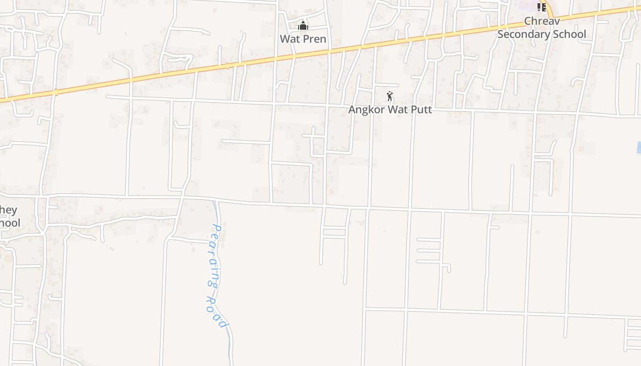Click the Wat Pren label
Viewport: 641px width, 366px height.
(x=303, y=39)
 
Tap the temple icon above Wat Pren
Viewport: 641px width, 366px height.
(x=303, y=26)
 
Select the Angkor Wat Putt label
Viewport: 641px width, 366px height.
(x=390, y=110)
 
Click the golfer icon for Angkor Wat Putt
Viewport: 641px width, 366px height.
(x=390, y=96)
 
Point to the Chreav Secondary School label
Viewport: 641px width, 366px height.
(x=542, y=28)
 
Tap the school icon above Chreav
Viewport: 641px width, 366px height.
(x=542, y=7)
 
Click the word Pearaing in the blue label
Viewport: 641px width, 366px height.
(x=214, y=256)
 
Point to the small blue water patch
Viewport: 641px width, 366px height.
(x=639, y=147)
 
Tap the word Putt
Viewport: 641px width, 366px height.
(x=421, y=110)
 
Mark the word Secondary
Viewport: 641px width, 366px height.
(x=524, y=34)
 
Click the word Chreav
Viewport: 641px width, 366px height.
(x=542, y=21)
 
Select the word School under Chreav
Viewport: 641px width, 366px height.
(x=568, y=34)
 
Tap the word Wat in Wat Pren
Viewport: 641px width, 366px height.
(x=289, y=39)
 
